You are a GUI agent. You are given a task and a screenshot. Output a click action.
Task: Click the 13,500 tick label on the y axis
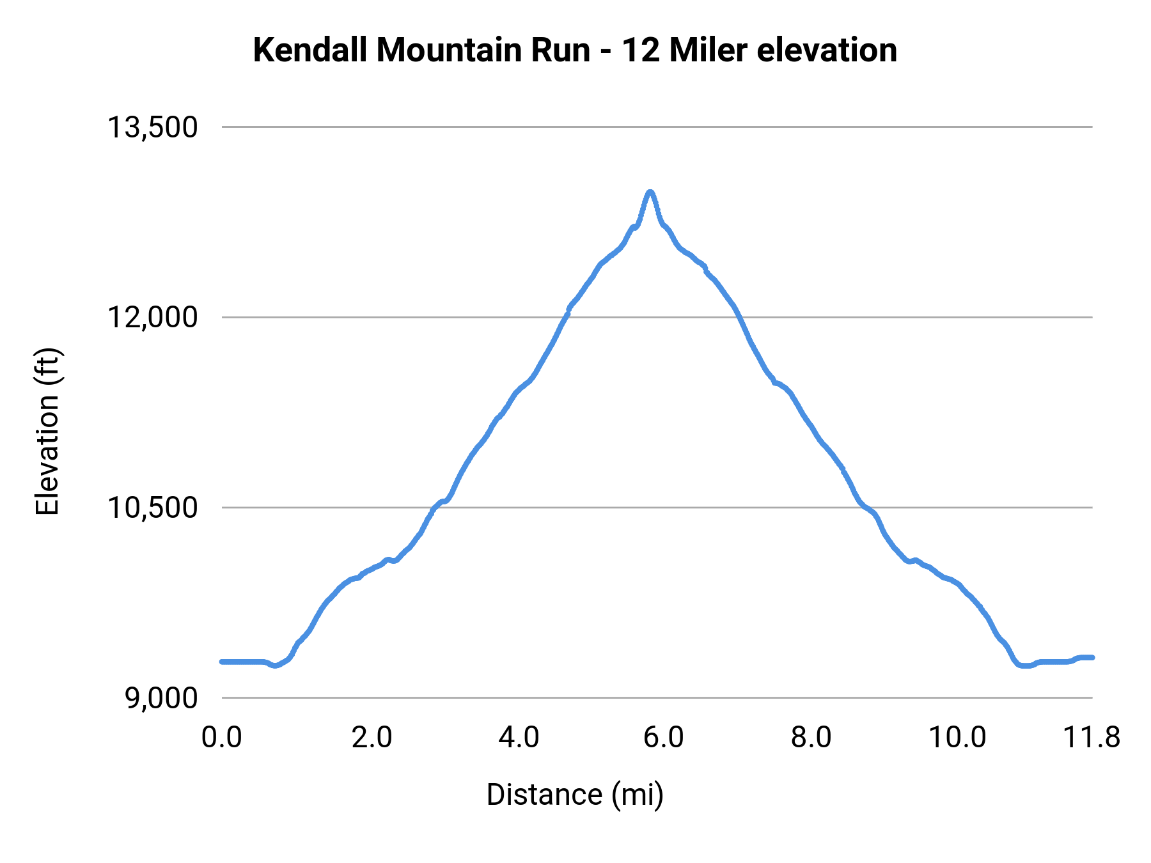152,127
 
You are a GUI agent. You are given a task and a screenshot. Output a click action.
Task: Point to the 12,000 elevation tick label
152,317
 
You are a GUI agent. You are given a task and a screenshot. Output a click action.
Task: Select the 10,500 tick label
152,508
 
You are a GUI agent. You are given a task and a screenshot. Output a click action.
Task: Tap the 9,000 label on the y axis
161,698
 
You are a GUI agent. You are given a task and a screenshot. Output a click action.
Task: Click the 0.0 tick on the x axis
221,738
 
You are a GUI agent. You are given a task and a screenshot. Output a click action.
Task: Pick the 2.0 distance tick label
372,738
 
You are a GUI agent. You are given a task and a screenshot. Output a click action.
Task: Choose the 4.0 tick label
519,738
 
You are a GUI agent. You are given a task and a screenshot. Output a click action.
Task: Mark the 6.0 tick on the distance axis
663,738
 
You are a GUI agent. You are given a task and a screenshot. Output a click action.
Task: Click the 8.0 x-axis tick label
811,738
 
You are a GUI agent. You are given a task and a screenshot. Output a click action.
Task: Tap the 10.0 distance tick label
957,738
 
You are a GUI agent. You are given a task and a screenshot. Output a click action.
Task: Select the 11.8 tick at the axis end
1091,738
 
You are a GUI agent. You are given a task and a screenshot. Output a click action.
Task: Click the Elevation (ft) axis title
47,432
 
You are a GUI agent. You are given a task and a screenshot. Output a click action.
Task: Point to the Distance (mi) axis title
575,795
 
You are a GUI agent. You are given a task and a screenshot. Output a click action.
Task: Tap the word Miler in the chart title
708,51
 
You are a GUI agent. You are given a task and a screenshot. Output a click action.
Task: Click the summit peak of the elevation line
650,192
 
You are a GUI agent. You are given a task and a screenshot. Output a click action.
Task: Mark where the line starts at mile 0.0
222,662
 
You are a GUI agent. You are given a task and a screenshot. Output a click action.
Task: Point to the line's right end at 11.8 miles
1092,657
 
